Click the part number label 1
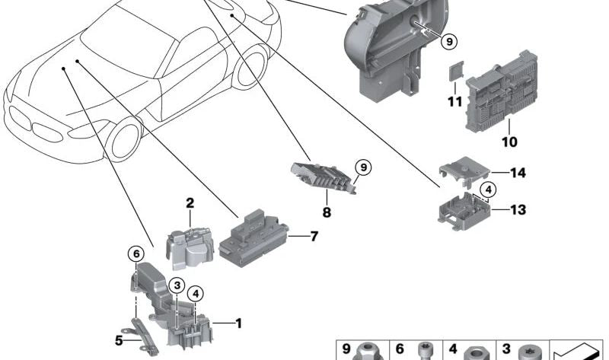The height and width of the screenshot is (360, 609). tap(239, 323)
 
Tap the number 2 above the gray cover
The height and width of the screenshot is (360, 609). tap(190, 202)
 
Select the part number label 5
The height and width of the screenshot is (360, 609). tap(119, 340)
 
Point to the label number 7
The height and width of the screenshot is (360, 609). tap(314, 236)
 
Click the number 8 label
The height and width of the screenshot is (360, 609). tap(327, 212)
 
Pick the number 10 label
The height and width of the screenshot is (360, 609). tap(509, 142)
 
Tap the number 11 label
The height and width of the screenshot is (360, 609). tap(454, 102)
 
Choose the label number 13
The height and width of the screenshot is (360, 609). tap(518, 210)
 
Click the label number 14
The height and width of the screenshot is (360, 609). tap(518, 173)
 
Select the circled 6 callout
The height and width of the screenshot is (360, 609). tap(136, 254)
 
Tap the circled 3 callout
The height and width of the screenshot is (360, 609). tap(177, 286)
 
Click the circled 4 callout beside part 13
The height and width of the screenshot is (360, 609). tap(488, 190)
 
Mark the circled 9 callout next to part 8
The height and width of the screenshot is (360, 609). tap(364, 167)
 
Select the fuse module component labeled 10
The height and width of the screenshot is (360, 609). tap(501, 92)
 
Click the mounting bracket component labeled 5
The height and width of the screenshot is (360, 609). tap(144, 335)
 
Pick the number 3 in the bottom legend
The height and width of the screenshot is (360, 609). tap(506, 349)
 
